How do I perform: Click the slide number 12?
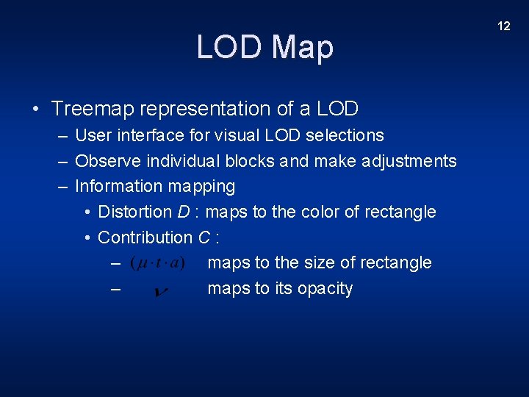click(x=503, y=26)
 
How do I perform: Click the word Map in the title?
click(x=303, y=47)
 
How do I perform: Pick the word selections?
click(x=345, y=135)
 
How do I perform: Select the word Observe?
click(x=106, y=161)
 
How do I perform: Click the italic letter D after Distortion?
click(x=184, y=212)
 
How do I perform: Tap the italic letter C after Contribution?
click(x=204, y=237)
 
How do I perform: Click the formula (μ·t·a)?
click(x=157, y=262)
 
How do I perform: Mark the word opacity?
click(x=325, y=288)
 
